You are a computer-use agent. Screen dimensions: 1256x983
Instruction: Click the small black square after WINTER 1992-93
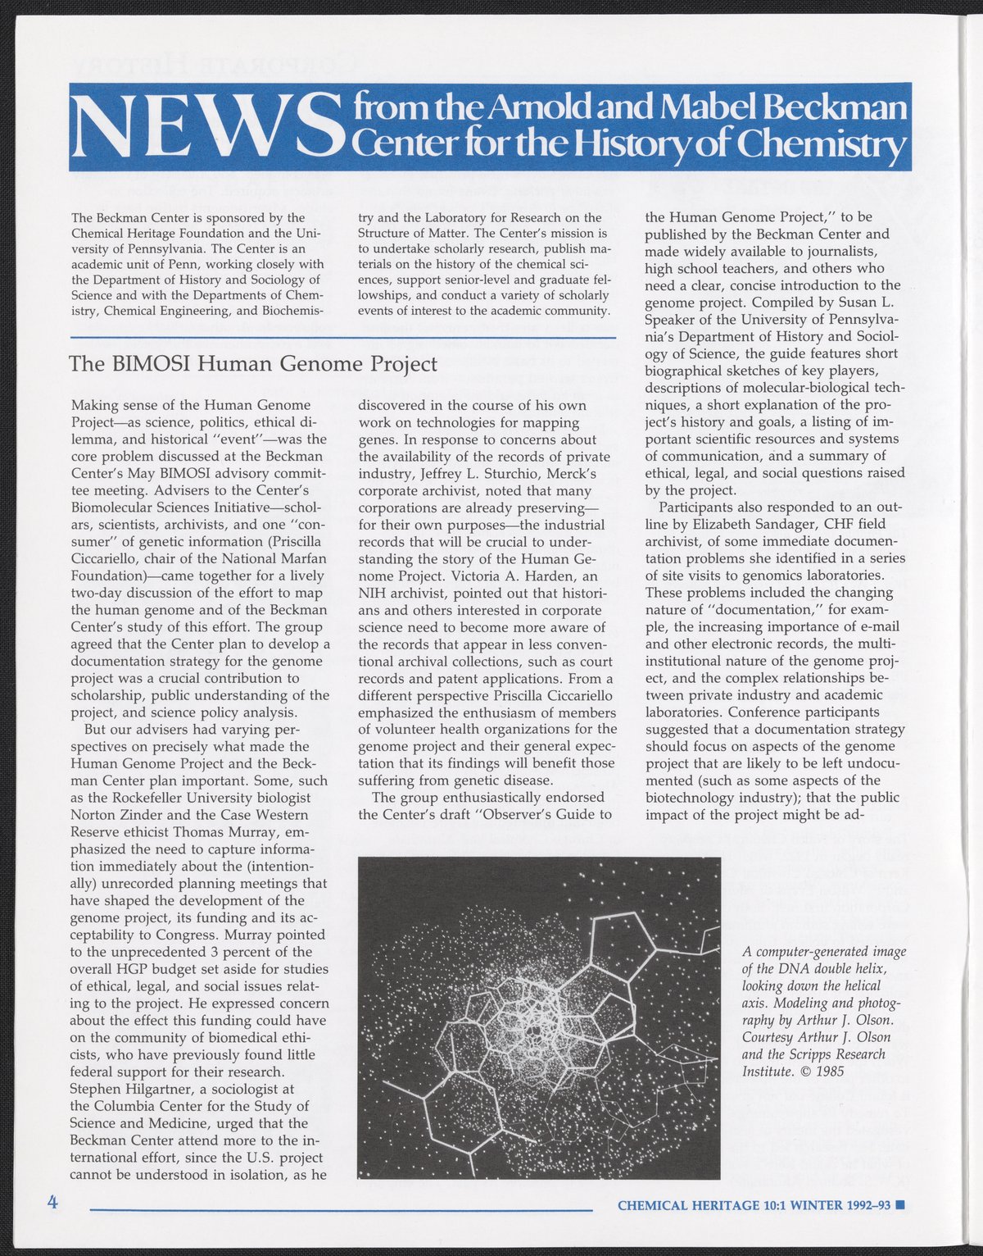(899, 1205)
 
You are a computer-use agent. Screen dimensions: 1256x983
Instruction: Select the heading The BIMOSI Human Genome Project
(254, 363)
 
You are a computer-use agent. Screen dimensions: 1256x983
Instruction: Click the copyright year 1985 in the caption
(828, 1071)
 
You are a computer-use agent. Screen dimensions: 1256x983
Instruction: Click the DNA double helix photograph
(539, 1017)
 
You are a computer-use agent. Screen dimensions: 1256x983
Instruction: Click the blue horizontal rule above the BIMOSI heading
(344, 338)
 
